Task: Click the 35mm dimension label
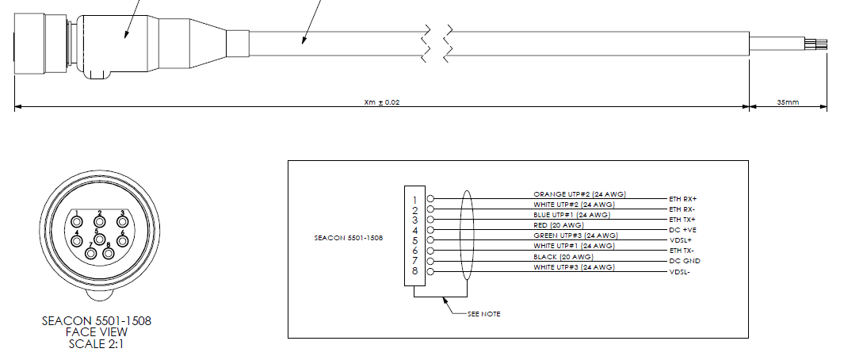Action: pos(788,101)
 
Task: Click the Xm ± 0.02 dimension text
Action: pos(382,101)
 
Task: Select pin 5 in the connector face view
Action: pos(99,239)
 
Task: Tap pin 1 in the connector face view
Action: pos(77,221)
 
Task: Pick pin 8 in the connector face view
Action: pos(109,253)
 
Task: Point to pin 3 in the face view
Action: pos(122,221)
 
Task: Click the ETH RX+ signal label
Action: pos(682,199)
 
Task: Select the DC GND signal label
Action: pos(685,261)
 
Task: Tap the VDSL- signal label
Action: pos(680,272)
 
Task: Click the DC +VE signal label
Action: pos(682,230)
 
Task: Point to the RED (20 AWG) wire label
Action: pos(559,225)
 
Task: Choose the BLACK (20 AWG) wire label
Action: pos(563,257)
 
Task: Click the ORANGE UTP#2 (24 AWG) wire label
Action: pos(580,194)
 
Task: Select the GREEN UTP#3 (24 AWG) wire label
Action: pos(576,236)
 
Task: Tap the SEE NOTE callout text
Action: pos(484,314)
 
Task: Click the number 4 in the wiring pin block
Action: pos(415,230)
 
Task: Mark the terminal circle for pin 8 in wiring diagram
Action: pos(430,272)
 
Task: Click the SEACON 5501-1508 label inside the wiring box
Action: pos(349,238)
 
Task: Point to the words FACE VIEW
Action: pos(97,332)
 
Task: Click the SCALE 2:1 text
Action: pos(97,343)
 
